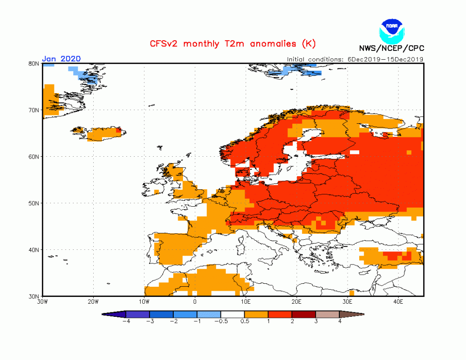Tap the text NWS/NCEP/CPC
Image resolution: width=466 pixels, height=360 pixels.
(391, 48)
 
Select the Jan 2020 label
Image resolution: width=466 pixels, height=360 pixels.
(61, 59)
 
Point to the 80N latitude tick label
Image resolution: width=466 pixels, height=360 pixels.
(33, 64)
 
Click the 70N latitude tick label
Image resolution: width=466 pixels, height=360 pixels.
(33, 110)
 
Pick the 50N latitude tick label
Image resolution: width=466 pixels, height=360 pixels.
(33, 203)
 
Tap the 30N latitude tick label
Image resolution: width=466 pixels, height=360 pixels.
(33, 296)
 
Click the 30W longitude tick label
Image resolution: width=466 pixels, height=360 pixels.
(42, 302)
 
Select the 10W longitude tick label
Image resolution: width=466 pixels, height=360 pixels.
(144, 302)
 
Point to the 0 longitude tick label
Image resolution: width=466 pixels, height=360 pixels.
(195, 302)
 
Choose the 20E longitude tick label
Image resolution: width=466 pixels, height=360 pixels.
(296, 302)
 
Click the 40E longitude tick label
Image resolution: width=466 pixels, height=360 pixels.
(398, 302)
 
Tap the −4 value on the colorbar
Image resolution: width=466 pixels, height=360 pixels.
(126, 322)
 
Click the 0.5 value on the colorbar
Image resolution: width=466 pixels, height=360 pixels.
(245, 322)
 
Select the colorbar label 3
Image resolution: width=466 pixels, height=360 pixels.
(316, 322)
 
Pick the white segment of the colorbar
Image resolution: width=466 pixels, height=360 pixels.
(233, 314)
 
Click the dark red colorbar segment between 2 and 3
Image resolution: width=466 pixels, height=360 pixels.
(304, 314)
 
